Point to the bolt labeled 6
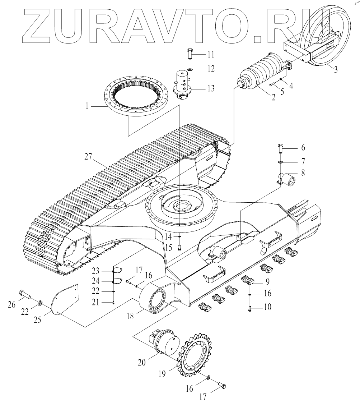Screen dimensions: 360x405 (281, 148)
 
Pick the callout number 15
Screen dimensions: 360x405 (168, 247)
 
